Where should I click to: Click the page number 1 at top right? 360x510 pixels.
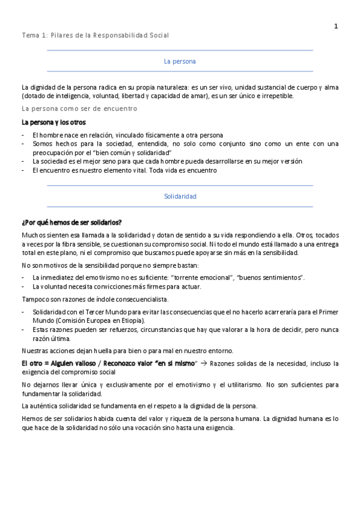(x=336, y=26)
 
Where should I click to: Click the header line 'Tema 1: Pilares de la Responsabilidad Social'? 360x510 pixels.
(x=95, y=35)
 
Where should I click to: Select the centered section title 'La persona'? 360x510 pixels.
(x=180, y=61)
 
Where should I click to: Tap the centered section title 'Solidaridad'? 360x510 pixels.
(x=180, y=197)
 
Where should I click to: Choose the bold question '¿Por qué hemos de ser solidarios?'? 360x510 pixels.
(x=71, y=223)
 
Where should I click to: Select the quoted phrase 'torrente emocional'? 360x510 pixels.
(x=203, y=277)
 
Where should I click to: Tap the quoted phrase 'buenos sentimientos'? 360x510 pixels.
(x=270, y=277)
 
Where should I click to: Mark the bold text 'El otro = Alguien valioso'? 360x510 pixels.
(x=57, y=364)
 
